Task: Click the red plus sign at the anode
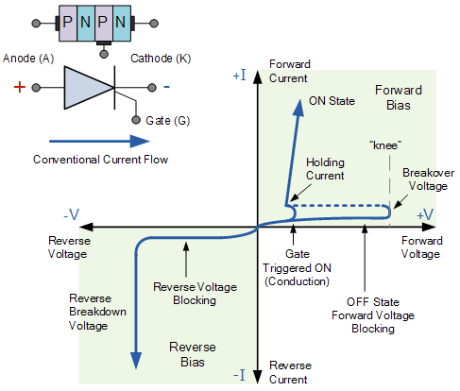pos(20,87)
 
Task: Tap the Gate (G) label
pos(167,121)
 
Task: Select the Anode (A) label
pos(28,59)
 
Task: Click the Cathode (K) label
pos(161,59)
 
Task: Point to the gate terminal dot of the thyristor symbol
pos(136,120)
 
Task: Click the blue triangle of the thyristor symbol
pos(85,88)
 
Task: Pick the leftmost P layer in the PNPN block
pos(68,23)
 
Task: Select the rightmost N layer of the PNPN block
pos(121,23)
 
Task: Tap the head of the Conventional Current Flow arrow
pos(140,141)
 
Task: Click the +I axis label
pos(239,76)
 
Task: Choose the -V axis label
pos(71,215)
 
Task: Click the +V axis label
pos(425,215)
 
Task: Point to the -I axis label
pos(239,375)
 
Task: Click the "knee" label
pos(385,145)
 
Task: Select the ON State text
pos(332,101)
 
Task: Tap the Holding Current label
pos(325,169)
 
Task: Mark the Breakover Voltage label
pos(428,179)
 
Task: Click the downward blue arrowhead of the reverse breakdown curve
pos(136,360)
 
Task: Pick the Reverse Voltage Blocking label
pos(195,294)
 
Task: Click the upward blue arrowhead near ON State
pos(298,108)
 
